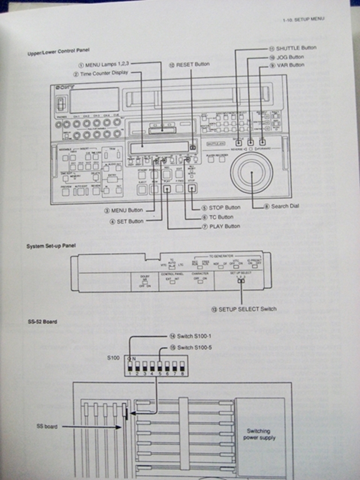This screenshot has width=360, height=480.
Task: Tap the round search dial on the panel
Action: (x=252, y=173)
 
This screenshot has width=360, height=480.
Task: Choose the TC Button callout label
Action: (x=216, y=216)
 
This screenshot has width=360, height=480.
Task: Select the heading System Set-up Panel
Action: (x=51, y=246)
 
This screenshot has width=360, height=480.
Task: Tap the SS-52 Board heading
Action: (x=42, y=322)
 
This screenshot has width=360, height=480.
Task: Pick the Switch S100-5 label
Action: (x=194, y=347)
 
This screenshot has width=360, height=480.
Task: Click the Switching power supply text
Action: (x=258, y=434)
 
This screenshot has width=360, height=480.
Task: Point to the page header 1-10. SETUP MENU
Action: (x=302, y=20)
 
